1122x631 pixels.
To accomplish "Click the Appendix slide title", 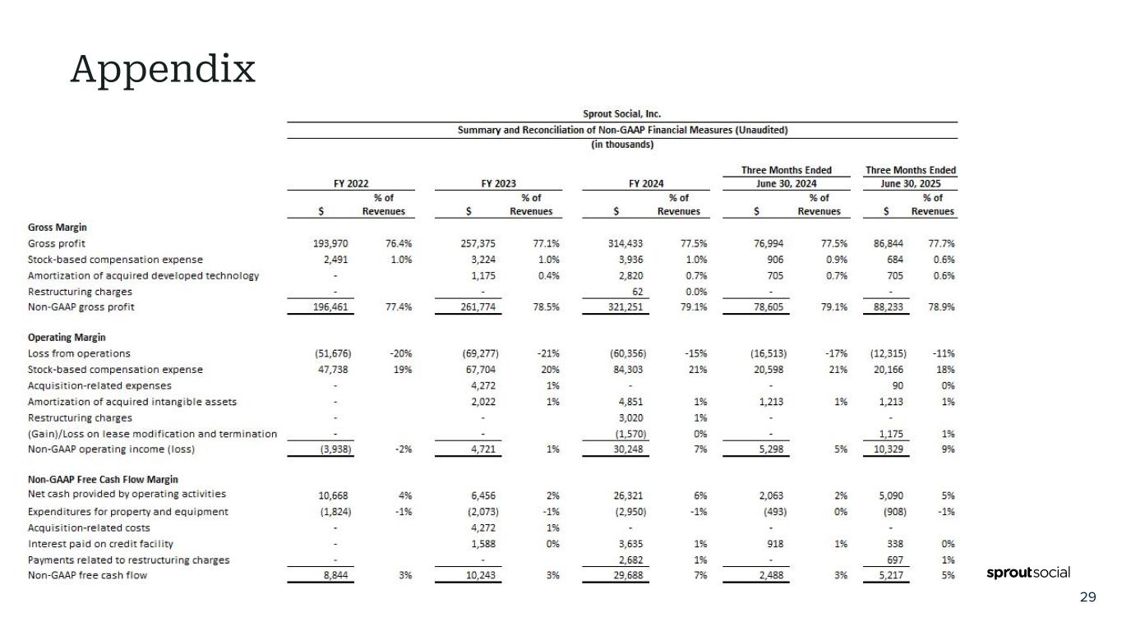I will (163, 69).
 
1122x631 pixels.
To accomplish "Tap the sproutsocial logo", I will (1027, 573).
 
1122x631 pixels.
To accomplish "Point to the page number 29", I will (1087, 597).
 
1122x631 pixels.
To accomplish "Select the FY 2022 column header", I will (351, 184).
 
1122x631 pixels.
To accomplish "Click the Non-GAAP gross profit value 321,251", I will (627, 307).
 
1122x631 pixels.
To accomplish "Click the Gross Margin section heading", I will (58, 227).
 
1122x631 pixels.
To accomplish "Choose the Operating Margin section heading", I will (67, 338).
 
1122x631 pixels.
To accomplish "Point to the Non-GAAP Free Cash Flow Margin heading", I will (103, 479).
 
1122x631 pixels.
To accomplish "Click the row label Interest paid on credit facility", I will (101, 544).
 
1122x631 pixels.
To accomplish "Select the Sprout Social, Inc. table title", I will (621, 114).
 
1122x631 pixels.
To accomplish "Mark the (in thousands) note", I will (622, 145).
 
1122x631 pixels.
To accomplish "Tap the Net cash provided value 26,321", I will (629, 495).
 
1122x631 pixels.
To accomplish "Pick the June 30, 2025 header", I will (910, 184).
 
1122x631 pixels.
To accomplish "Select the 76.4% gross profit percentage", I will (399, 244).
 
